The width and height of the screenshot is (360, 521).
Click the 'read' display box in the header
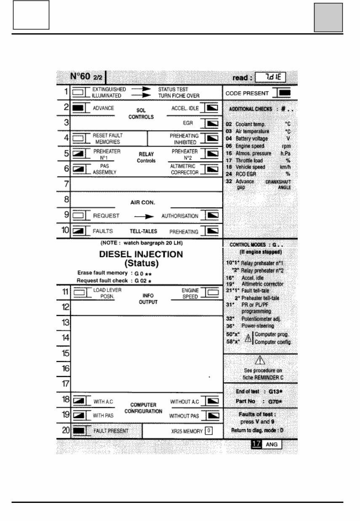coord(274,77)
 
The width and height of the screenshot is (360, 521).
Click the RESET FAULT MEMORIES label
coord(108,139)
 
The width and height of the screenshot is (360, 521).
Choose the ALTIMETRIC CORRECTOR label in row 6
coord(184,169)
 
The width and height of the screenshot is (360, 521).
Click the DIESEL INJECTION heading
coord(141,254)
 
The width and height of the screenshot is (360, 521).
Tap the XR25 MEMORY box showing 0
coord(208,431)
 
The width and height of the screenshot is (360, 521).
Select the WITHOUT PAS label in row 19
coord(184,415)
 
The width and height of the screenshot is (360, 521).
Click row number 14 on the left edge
coord(66,338)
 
